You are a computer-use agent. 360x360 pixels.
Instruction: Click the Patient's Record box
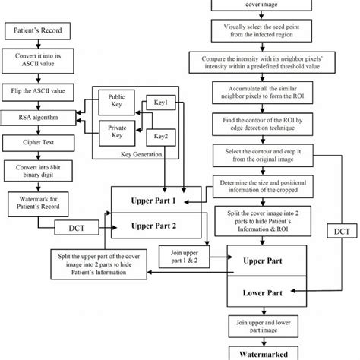click(x=37, y=32)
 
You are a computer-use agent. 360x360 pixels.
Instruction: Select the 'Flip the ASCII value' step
click(x=37, y=90)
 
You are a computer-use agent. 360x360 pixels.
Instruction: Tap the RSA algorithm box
click(x=37, y=118)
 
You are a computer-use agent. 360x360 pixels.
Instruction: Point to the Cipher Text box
click(x=37, y=142)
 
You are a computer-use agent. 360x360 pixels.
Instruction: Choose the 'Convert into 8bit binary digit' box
click(x=37, y=169)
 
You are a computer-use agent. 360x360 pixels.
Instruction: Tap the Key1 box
click(x=160, y=101)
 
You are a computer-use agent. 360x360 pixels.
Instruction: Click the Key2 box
click(x=160, y=137)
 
